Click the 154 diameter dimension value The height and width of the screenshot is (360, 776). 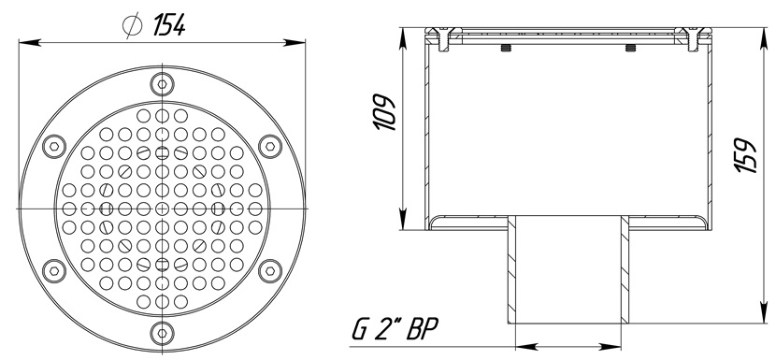coord(168,24)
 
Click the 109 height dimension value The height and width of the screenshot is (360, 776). coord(385,112)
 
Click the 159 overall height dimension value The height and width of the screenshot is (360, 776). coord(746,154)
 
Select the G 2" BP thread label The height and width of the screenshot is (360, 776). coord(395,329)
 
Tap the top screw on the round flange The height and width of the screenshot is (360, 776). coord(163,83)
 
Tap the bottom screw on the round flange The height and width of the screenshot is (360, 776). coord(163,332)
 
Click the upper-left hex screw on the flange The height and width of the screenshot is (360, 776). coord(54,146)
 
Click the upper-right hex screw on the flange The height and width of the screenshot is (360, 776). coord(270,146)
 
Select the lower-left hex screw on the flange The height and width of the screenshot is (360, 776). coord(54,270)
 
